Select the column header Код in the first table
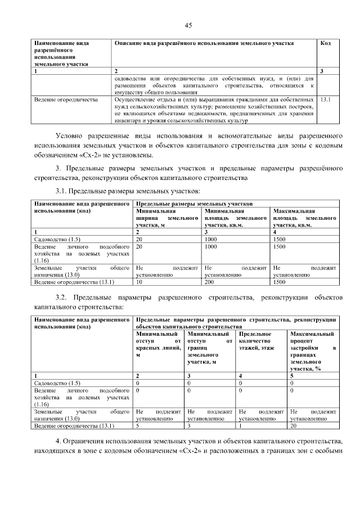click(x=325, y=43)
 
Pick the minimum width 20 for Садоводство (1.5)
click(x=139, y=238)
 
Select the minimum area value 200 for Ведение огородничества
click(x=210, y=282)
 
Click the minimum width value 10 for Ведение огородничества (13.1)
click(x=139, y=282)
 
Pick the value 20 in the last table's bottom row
click(x=294, y=426)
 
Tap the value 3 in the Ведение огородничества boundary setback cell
click(x=190, y=426)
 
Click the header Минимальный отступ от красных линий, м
click(x=160, y=345)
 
